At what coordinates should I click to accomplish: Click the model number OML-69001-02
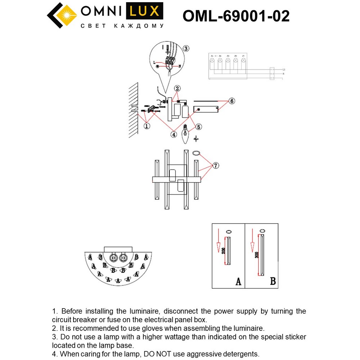click(x=236, y=16)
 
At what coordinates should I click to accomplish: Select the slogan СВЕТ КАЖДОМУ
click(x=122, y=26)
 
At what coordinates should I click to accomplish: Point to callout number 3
click(x=186, y=49)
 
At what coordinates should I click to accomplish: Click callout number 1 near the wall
click(x=147, y=126)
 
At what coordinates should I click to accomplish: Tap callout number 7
click(x=215, y=166)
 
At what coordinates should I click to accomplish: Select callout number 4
click(x=174, y=134)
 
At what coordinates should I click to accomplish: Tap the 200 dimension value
click(x=223, y=251)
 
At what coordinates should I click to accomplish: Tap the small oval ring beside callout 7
click(x=196, y=153)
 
